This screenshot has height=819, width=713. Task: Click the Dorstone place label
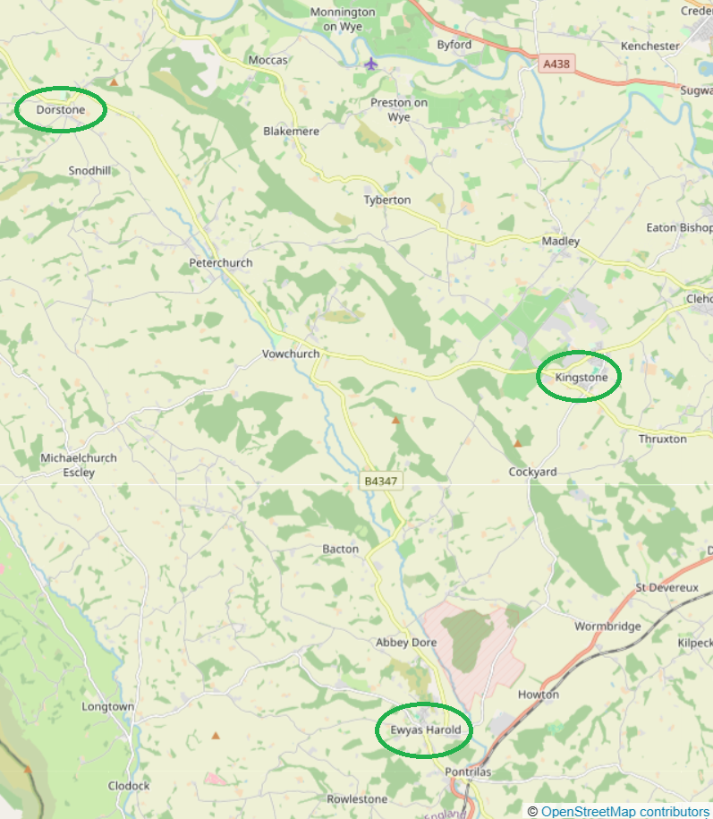pos(61,110)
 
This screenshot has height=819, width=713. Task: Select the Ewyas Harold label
pos(425,729)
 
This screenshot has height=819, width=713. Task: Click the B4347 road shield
pos(381,482)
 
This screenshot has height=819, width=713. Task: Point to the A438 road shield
pos(556,64)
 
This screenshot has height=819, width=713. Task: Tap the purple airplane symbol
pos(371,64)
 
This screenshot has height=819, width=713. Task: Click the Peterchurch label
pos(221,263)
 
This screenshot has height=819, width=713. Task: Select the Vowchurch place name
pos(291,354)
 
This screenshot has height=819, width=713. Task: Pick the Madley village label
pos(561,242)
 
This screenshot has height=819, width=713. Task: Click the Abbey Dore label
pos(406,643)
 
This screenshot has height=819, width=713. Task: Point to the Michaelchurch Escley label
pos(79,465)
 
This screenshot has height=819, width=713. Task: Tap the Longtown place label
pos(107,706)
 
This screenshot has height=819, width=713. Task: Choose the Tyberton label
pos(387,200)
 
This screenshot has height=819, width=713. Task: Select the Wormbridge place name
pos(607,627)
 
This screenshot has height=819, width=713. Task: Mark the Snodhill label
pos(89,170)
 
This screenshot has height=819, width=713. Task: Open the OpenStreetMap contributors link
pos(624,811)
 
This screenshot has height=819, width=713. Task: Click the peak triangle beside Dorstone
pos(114,82)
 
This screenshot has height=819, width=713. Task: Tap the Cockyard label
pos(532,472)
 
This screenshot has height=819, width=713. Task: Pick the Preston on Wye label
pos(399,109)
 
